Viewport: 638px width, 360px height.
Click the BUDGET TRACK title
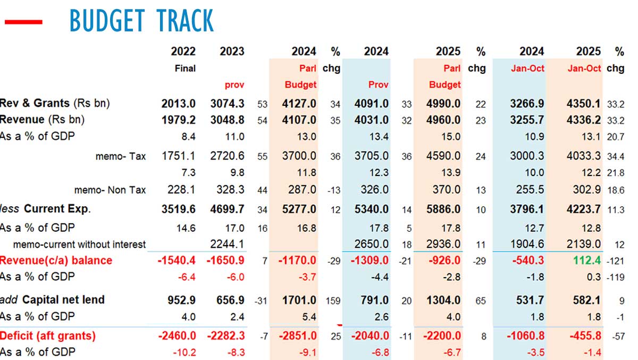coord(141,21)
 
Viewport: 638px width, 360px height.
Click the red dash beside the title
coord(23,22)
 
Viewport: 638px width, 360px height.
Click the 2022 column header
coord(183,52)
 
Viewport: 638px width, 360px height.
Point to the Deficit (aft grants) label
coord(48,336)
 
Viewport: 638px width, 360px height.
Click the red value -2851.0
coord(297,336)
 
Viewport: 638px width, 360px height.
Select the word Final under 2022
coord(185,69)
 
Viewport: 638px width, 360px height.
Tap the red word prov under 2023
coord(234,85)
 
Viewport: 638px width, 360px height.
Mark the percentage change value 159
coord(334,301)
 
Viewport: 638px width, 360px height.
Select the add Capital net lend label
coord(52,300)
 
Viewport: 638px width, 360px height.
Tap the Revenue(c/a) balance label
coord(56,261)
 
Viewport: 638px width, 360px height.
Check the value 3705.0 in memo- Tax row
coord(371,156)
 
